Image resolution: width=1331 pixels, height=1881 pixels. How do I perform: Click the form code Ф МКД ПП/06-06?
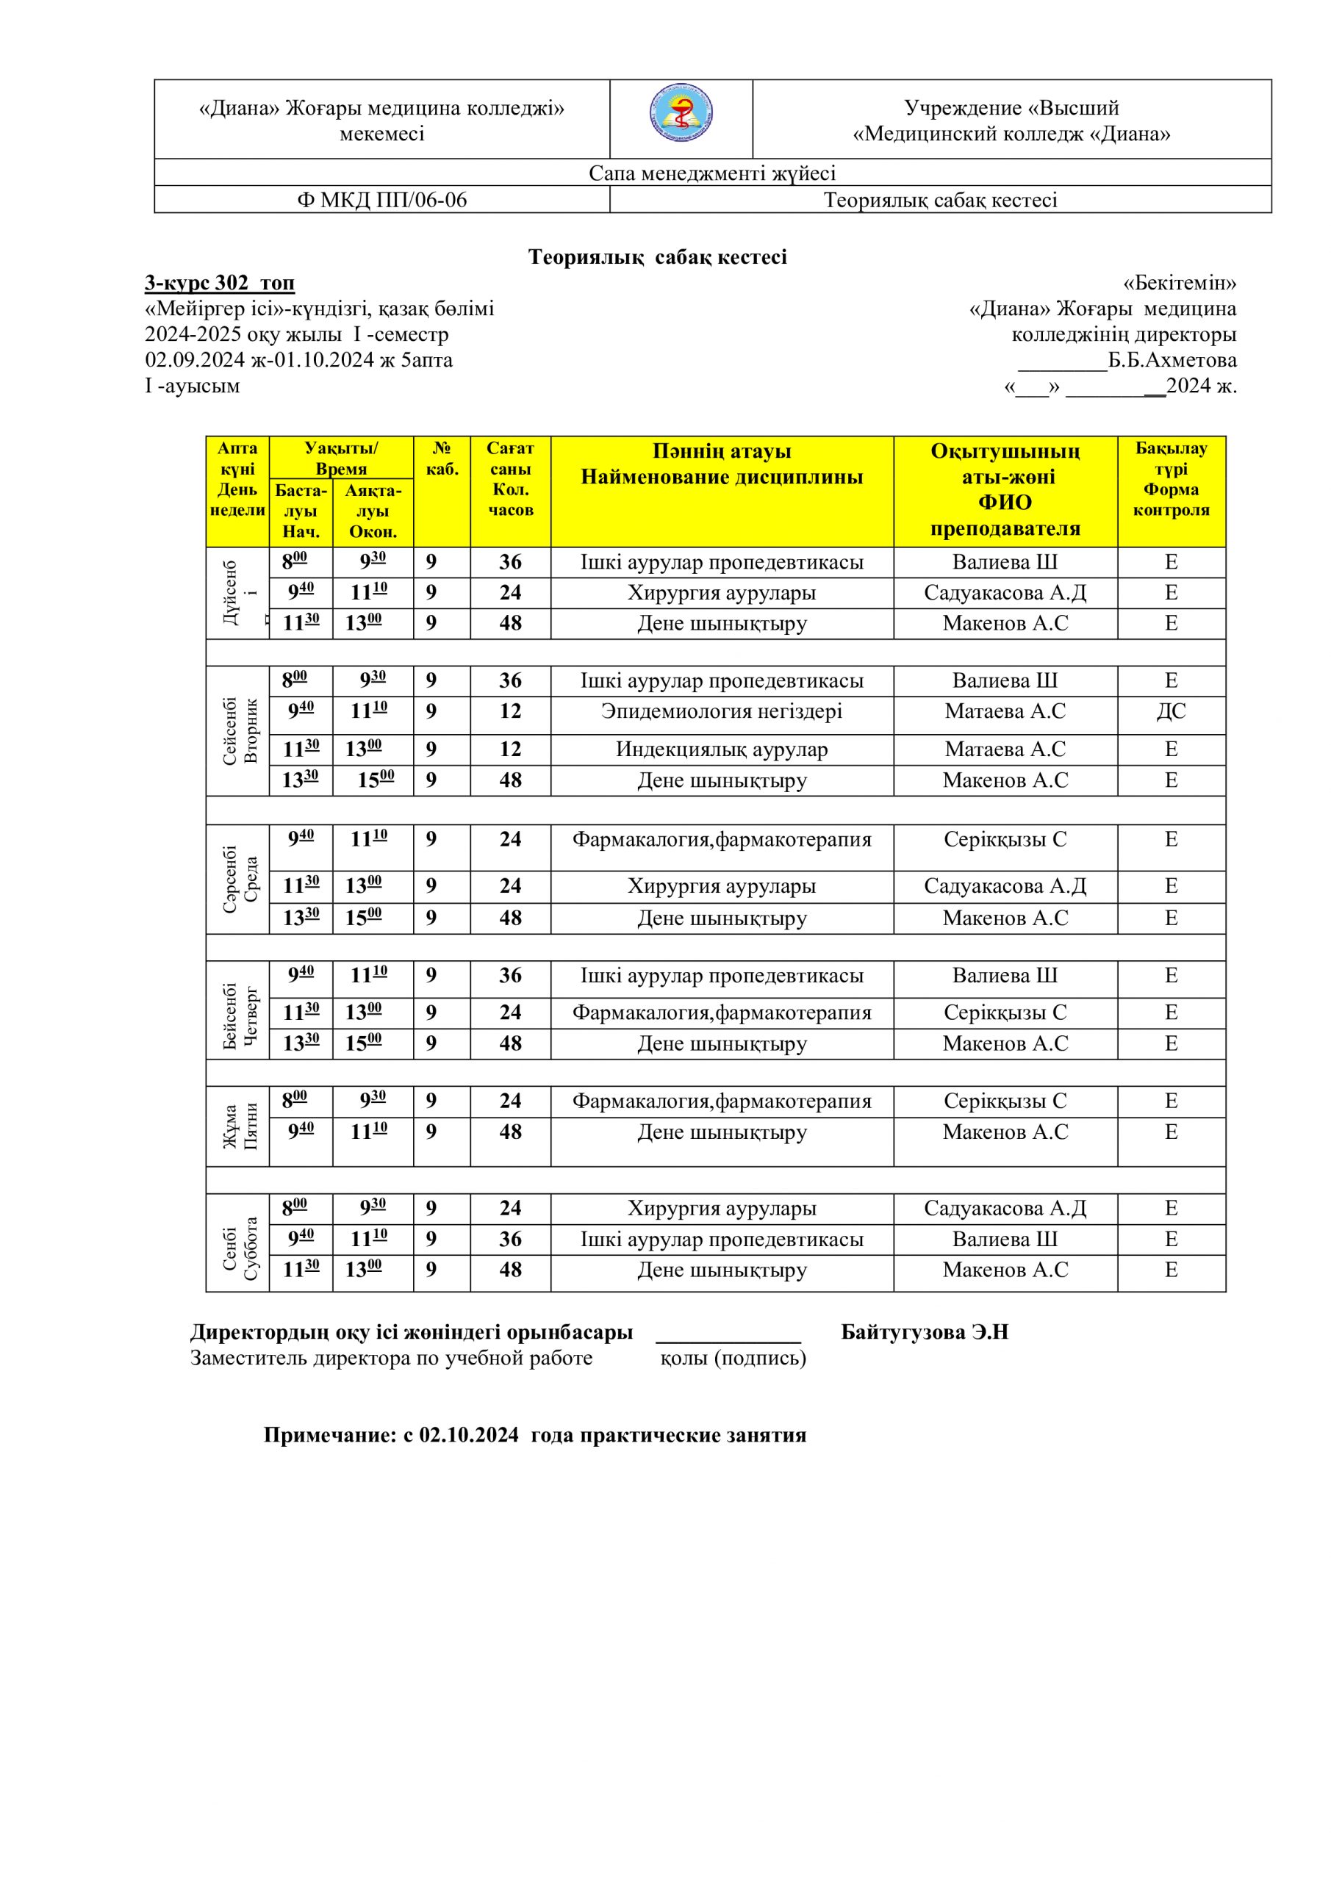tap(382, 200)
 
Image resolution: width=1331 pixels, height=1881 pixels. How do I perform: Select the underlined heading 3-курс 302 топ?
tap(220, 284)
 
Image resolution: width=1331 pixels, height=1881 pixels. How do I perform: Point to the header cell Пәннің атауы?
tap(721, 451)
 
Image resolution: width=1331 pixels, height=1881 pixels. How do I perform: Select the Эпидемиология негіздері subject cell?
tap(721, 712)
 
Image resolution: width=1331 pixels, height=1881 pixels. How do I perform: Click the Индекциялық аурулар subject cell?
tap(721, 749)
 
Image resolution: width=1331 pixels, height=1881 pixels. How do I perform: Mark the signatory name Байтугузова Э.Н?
tap(925, 1332)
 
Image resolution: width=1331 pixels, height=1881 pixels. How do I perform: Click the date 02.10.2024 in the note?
tap(469, 1435)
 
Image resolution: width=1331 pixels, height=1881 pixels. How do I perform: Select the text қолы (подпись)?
tap(733, 1359)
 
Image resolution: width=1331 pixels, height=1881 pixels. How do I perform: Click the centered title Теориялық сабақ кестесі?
tap(657, 257)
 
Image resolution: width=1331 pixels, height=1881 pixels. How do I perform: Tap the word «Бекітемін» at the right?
tap(1179, 284)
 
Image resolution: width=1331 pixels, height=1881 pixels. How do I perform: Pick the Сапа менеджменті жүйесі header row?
tap(712, 173)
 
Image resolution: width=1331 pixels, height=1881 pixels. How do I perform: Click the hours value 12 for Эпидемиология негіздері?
tap(510, 712)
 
